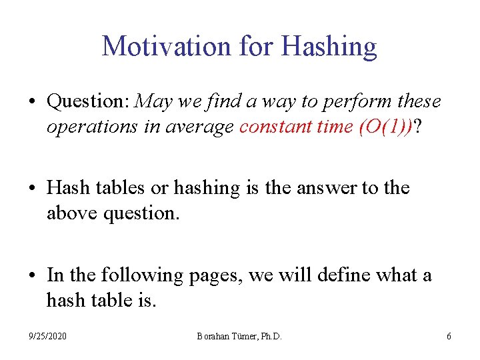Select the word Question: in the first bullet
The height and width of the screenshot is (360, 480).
(x=88, y=101)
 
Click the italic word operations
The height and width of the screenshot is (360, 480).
(x=93, y=127)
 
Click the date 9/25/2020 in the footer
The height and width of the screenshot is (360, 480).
(x=47, y=336)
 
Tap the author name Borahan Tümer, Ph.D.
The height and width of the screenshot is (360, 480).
(x=239, y=336)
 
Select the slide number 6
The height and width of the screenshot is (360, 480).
(x=449, y=336)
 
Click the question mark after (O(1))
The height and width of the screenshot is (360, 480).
(x=418, y=127)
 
